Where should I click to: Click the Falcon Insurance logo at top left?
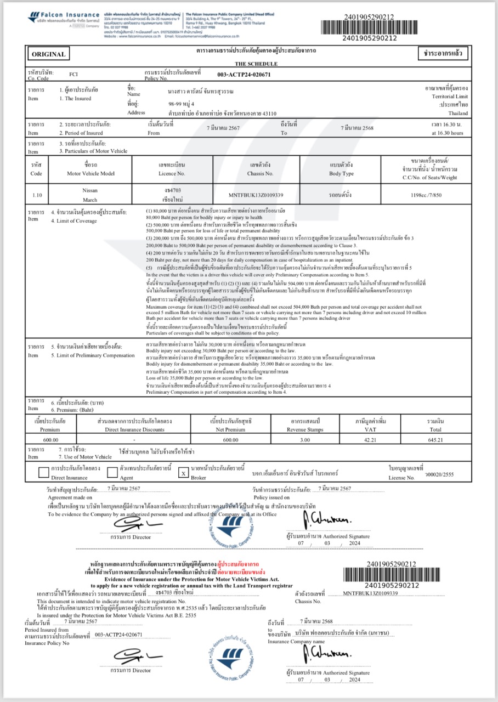pyautogui.click(x=63, y=18)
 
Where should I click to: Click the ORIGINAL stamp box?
pyautogui.click(x=49, y=54)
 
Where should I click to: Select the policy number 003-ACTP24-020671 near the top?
pyautogui.click(x=244, y=75)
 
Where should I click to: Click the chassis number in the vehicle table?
pyautogui.click(x=256, y=195)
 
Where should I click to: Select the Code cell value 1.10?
pyautogui.click(x=37, y=195)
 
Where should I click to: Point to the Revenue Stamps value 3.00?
pyautogui.click(x=299, y=440)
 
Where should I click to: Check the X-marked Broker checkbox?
pyautogui.click(x=184, y=472)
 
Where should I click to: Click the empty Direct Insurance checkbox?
pyautogui.click(x=44, y=472)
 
